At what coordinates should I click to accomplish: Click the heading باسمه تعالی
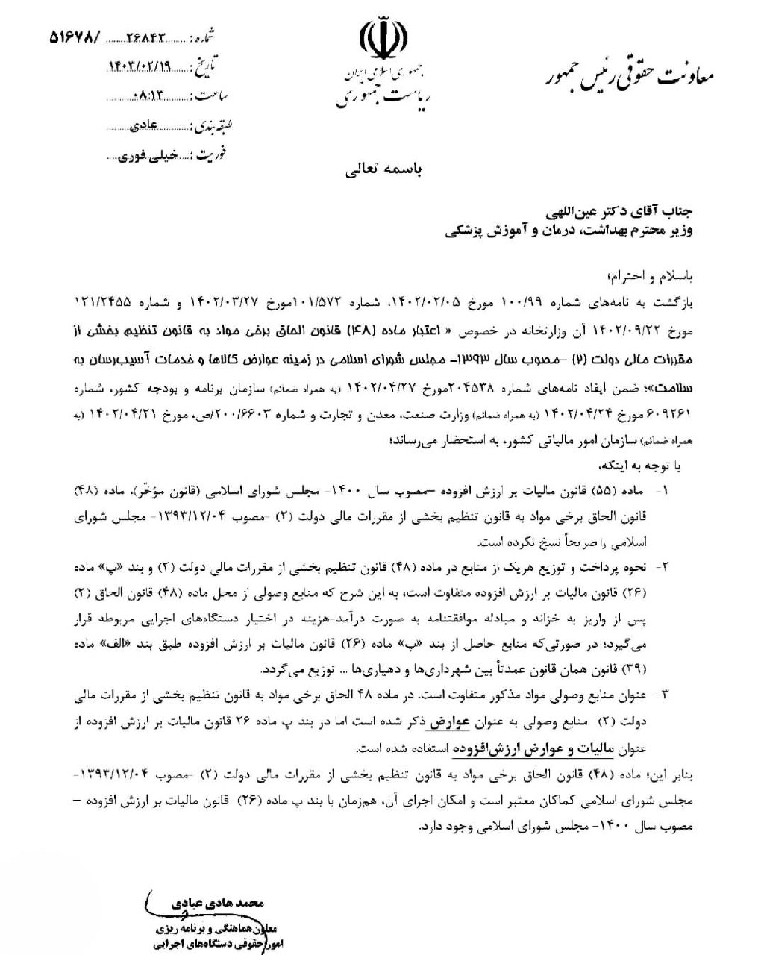coord(383,169)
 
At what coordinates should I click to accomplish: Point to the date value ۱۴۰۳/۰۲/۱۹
coord(140,66)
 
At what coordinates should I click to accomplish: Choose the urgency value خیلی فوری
coord(148,154)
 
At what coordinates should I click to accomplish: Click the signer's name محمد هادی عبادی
coord(225,903)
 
